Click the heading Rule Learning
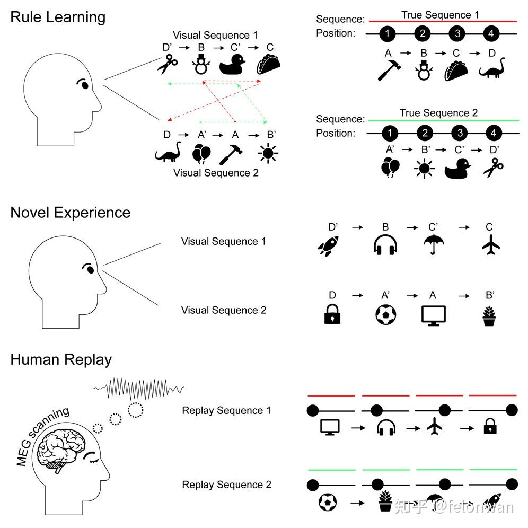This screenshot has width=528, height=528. [x=58, y=17]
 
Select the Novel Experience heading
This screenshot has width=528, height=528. [x=70, y=213]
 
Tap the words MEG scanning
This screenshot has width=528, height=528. [x=42, y=436]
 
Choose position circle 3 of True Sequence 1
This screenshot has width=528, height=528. [x=457, y=34]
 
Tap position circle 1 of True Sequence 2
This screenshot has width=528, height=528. [x=389, y=133]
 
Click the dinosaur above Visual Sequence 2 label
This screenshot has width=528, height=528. [x=169, y=152]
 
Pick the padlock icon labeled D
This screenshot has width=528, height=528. [x=332, y=314]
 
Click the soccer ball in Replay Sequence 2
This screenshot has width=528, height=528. [x=328, y=501]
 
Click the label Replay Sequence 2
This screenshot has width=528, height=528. [x=226, y=485]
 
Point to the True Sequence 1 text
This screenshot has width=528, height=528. [x=440, y=15]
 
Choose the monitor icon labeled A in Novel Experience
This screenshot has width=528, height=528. [x=433, y=315]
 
